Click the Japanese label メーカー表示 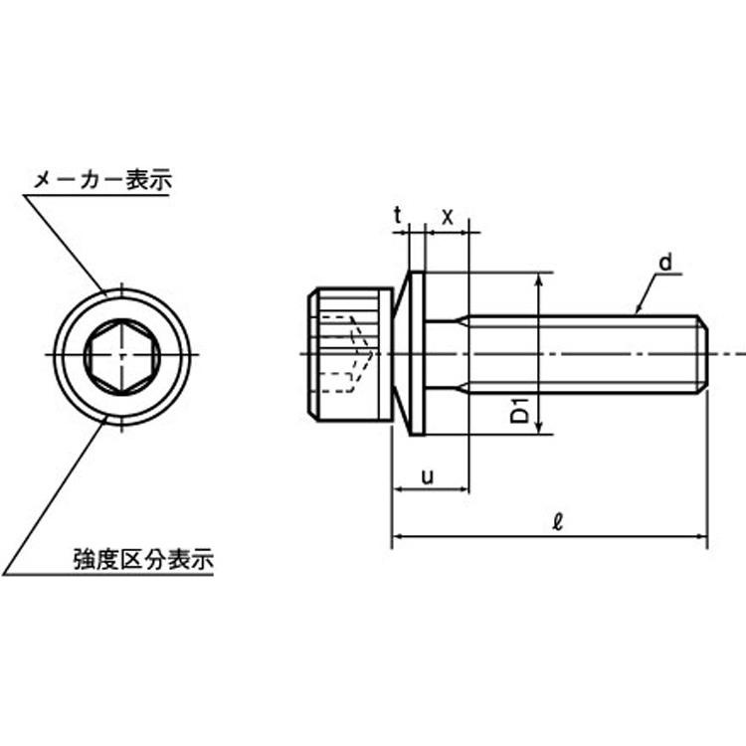tap(102, 180)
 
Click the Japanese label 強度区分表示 tap(143, 559)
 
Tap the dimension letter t tap(398, 216)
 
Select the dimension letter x tap(448, 218)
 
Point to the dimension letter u tap(428, 475)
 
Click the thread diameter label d tap(666, 263)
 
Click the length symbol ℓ tap(558, 521)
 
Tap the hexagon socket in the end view tap(121, 355)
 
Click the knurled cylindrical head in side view tap(350, 354)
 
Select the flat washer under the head tap(417, 353)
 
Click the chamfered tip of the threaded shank tap(703, 354)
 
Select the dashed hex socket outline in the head tap(347, 354)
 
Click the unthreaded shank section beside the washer tap(447, 354)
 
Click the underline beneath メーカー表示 tap(97, 195)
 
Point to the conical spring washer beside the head tap(401, 353)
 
